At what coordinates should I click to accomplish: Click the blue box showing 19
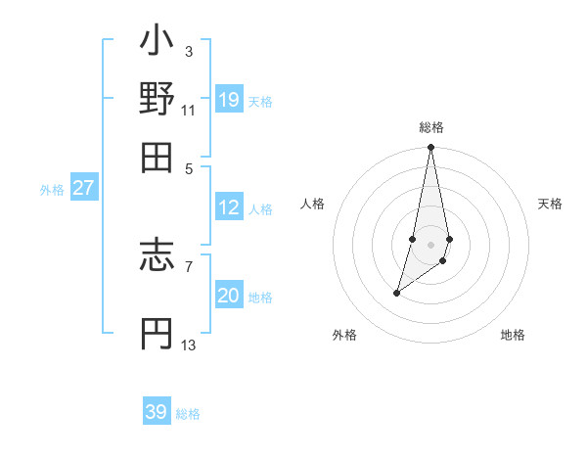[x=228, y=99]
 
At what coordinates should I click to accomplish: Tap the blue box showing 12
[x=228, y=207]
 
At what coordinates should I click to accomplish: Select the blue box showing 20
[x=228, y=296]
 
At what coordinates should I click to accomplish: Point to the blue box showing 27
[x=83, y=188]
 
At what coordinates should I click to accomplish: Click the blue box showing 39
[x=157, y=412]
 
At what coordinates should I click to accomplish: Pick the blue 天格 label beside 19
[x=260, y=102]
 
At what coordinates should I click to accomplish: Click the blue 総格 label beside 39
[x=188, y=414]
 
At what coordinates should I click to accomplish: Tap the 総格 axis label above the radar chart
[x=430, y=127]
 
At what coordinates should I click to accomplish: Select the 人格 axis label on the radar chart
[x=313, y=204]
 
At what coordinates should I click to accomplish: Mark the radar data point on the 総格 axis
[x=430, y=148]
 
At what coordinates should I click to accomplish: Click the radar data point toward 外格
[x=396, y=293]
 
